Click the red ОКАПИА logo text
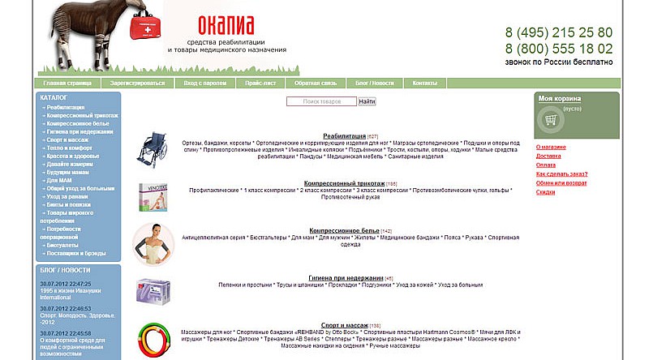click(x=226, y=23)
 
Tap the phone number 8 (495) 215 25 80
click(x=558, y=33)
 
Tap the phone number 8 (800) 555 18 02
click(x=558, y=49)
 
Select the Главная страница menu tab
click(x=67, y=84)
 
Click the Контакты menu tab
click(x=424, y=84)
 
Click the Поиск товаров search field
click(x=321, y=102)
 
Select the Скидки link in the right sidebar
click(x=545, y=192)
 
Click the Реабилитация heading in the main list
click(x=344, y=136)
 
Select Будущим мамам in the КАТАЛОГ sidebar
click(x=68, y=173)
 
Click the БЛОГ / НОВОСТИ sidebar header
click(x=65, y=270)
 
